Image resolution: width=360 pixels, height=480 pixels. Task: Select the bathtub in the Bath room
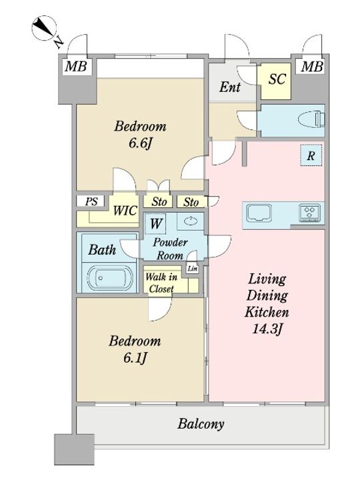coord(109,278)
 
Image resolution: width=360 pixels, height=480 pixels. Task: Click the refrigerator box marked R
coord(311,155)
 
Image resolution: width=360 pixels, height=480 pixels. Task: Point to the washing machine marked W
coord(155,223)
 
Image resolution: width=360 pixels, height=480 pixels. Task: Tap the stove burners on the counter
coord(310,212)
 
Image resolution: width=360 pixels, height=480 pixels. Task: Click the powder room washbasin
coord(190,221)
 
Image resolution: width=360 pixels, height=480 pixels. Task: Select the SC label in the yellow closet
coord(277,79)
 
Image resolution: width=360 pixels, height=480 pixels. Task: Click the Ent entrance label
coord(229,87)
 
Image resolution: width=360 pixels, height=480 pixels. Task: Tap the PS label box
coord(91,201)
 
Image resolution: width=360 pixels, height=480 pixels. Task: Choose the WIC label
coord(125,211)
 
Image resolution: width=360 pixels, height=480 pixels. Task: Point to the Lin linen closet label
coord(192,269)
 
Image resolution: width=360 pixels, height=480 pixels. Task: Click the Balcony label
coord(201,424)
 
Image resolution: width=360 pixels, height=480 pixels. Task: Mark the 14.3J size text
coord(267,329)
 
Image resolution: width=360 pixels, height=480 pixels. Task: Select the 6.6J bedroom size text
coord(140,143)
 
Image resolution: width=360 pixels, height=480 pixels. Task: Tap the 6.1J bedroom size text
coord(135,357)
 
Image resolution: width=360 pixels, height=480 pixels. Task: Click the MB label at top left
coord(76,66)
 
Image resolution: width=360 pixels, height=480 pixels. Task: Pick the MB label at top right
coord(312,66)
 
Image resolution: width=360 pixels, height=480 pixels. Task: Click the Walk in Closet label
coord(161,283)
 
